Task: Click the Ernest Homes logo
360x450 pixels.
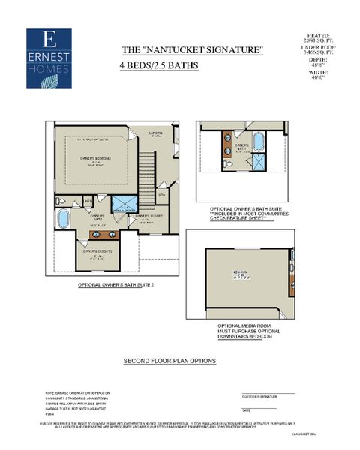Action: (49, 58)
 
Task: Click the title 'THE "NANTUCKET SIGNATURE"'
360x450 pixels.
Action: (193, 49)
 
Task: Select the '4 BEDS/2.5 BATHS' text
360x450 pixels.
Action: (158, 65)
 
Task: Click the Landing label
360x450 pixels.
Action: (156, 135)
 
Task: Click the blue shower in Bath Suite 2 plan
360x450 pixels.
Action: (122, 205)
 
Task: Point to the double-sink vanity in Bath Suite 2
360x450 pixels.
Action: (99, 235)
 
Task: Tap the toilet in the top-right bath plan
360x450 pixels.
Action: (226, 163)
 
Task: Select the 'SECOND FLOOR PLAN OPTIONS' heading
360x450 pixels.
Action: (169, 361)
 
